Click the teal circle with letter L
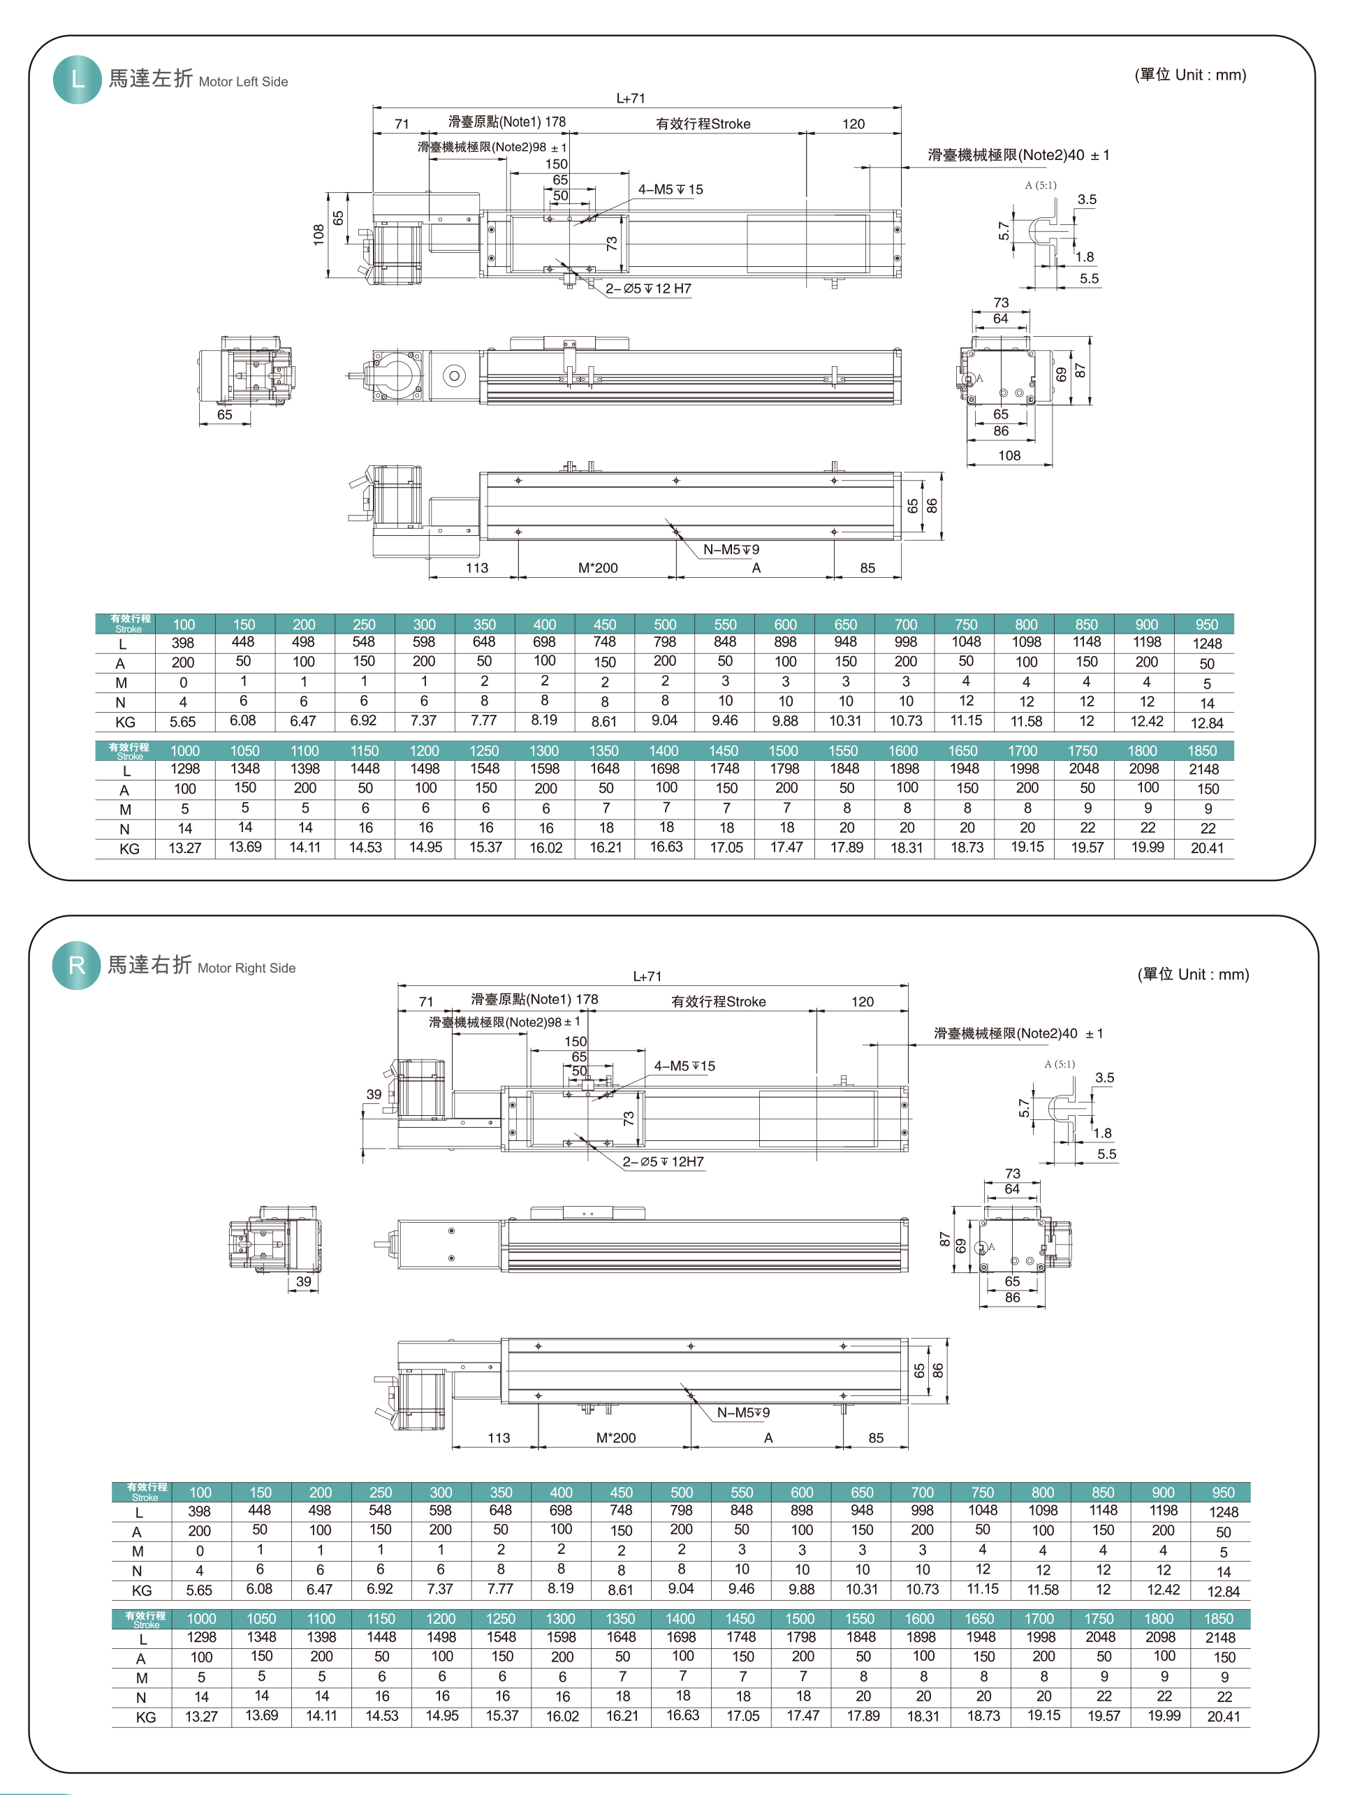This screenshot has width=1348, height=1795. pyautogui.click(x=77, y=80)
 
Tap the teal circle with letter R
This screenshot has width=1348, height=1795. pyautogui.click(x=76, y=965)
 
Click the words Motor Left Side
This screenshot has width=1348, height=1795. pyautogui.click(x=242, y=81)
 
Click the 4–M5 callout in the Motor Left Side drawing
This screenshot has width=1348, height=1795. pyautogui.click(x=670, y=189)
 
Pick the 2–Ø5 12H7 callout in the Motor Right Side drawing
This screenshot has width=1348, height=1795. pyautogui.click(x=663, y=1161)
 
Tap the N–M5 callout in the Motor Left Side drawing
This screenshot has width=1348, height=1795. pyautogui.click(x=730, y=549)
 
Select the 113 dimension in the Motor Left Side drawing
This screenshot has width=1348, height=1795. pyautogui.click(x=477, y=567)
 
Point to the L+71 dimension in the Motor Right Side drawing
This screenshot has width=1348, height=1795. pyautogui.click(x=647, y=976)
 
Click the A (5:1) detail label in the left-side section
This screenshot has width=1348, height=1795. pyautogui.click(x=1040, y=185)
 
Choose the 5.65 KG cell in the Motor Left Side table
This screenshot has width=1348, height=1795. pyautogui.click(x=182, y=721)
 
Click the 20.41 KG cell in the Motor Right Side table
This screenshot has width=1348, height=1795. pyautogui.click(x=1223, y=1716)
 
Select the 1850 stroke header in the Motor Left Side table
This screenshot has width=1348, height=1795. pyautogui.click(x=1202, y=750)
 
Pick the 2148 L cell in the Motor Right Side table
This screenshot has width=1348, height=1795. pyautogui.click(x=1220, y=1638)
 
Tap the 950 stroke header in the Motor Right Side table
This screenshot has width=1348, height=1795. pyautogui.click(x=1223, y=1492)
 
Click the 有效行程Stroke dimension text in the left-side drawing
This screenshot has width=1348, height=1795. pyautogui.click(x=703, y=124)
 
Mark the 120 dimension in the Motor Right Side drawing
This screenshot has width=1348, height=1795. pyautogui.click(x=862, y=1001)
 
